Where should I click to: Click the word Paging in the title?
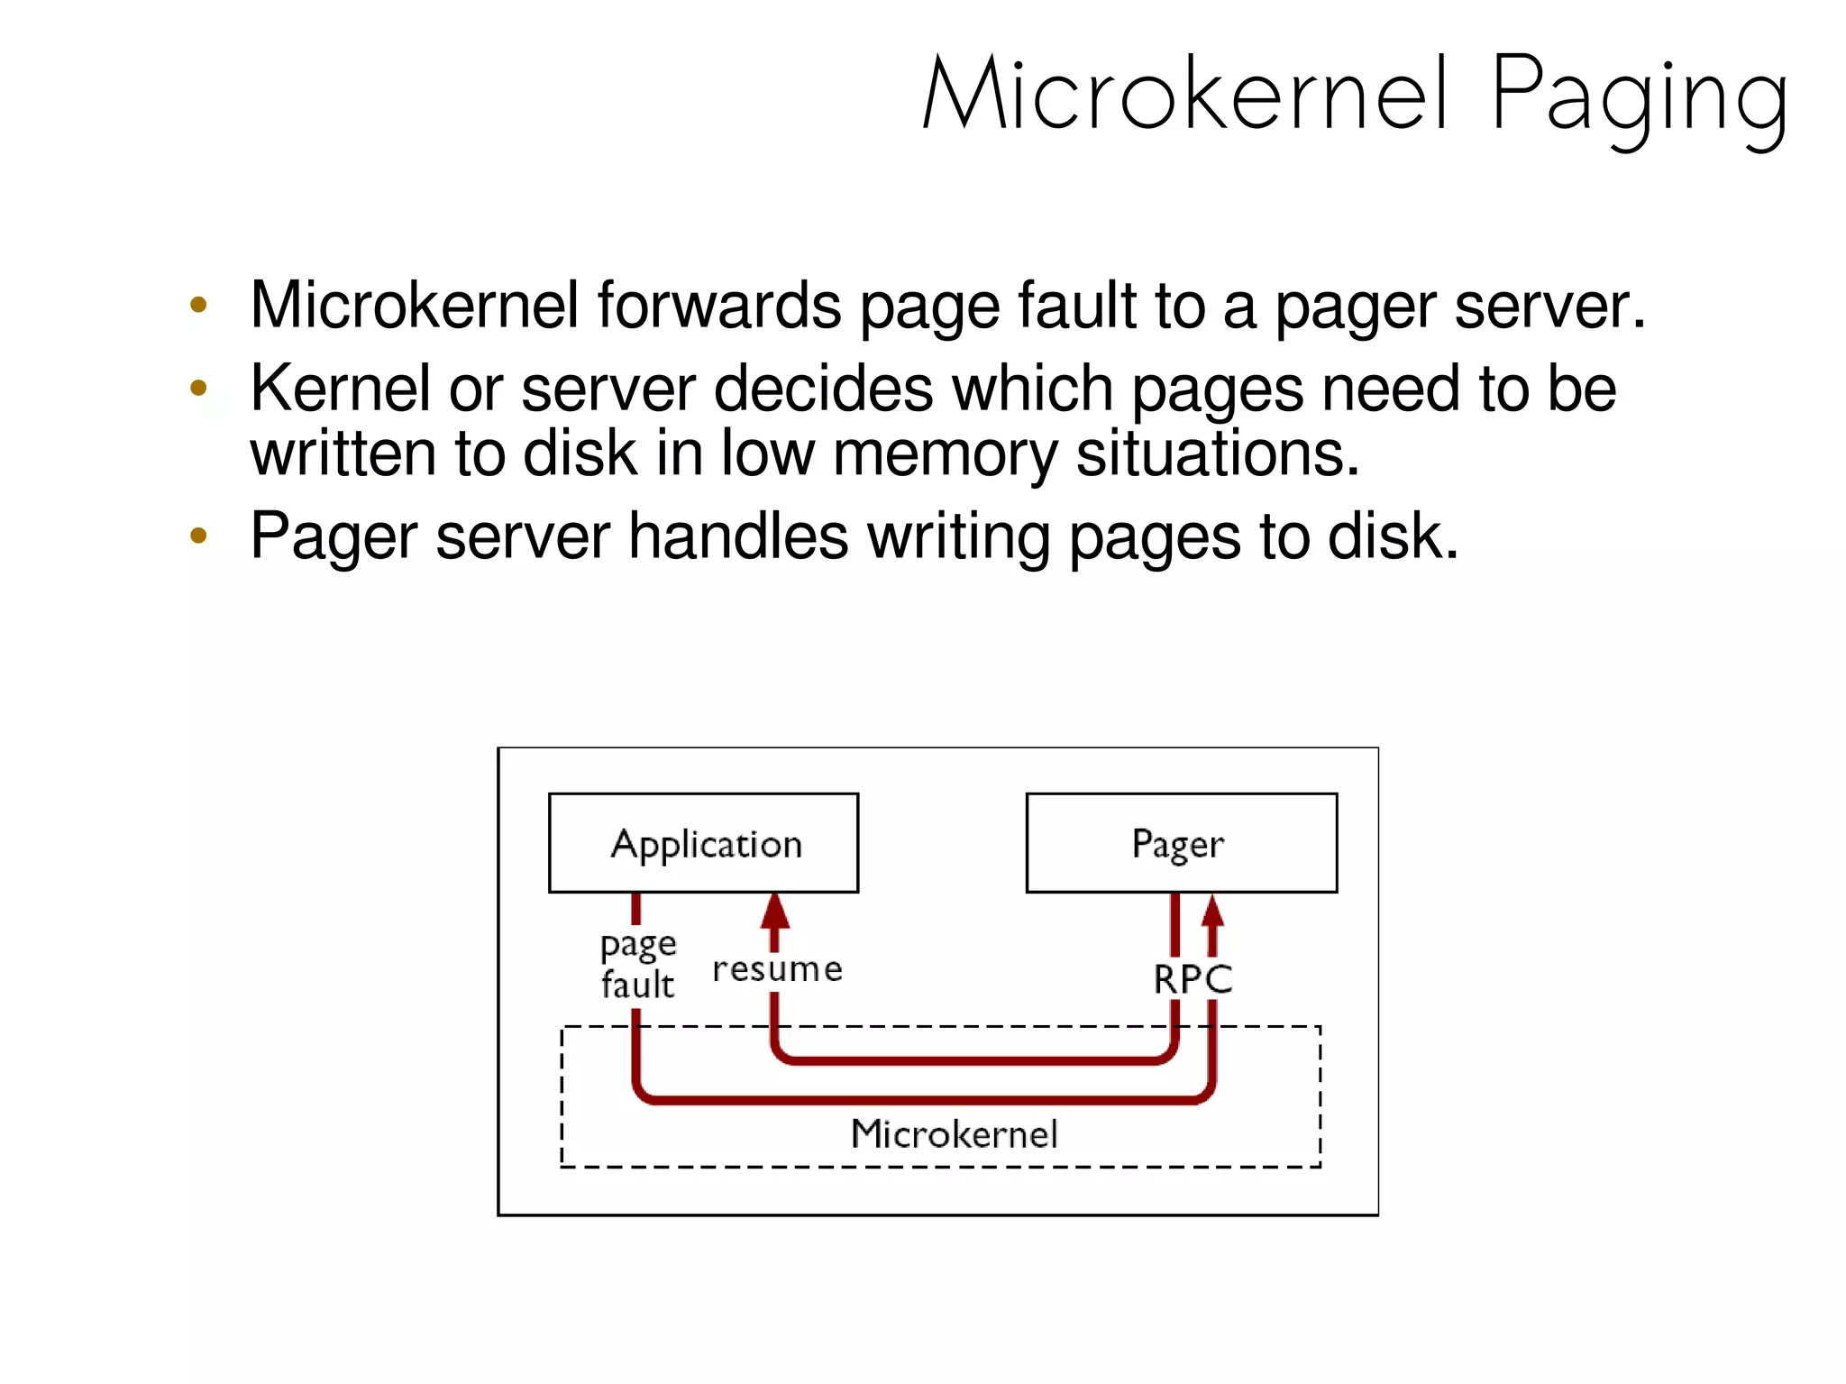click(1638, 97)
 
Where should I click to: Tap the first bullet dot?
click(198, 305)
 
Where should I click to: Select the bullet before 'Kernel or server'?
click(198, 389)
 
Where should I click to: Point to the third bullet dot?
click(198, 536)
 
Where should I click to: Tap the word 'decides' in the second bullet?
click(823, 389)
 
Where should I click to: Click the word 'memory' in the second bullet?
click(944, 454)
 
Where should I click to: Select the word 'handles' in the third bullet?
click(737, 536)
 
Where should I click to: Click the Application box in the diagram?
click(703, 843)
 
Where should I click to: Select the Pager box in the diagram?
click(1181, 843)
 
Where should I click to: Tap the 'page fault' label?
click(637, 965)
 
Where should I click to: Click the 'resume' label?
click(777, 969)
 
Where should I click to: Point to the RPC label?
click(1193, 979)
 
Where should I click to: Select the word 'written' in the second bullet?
click(343, 454)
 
